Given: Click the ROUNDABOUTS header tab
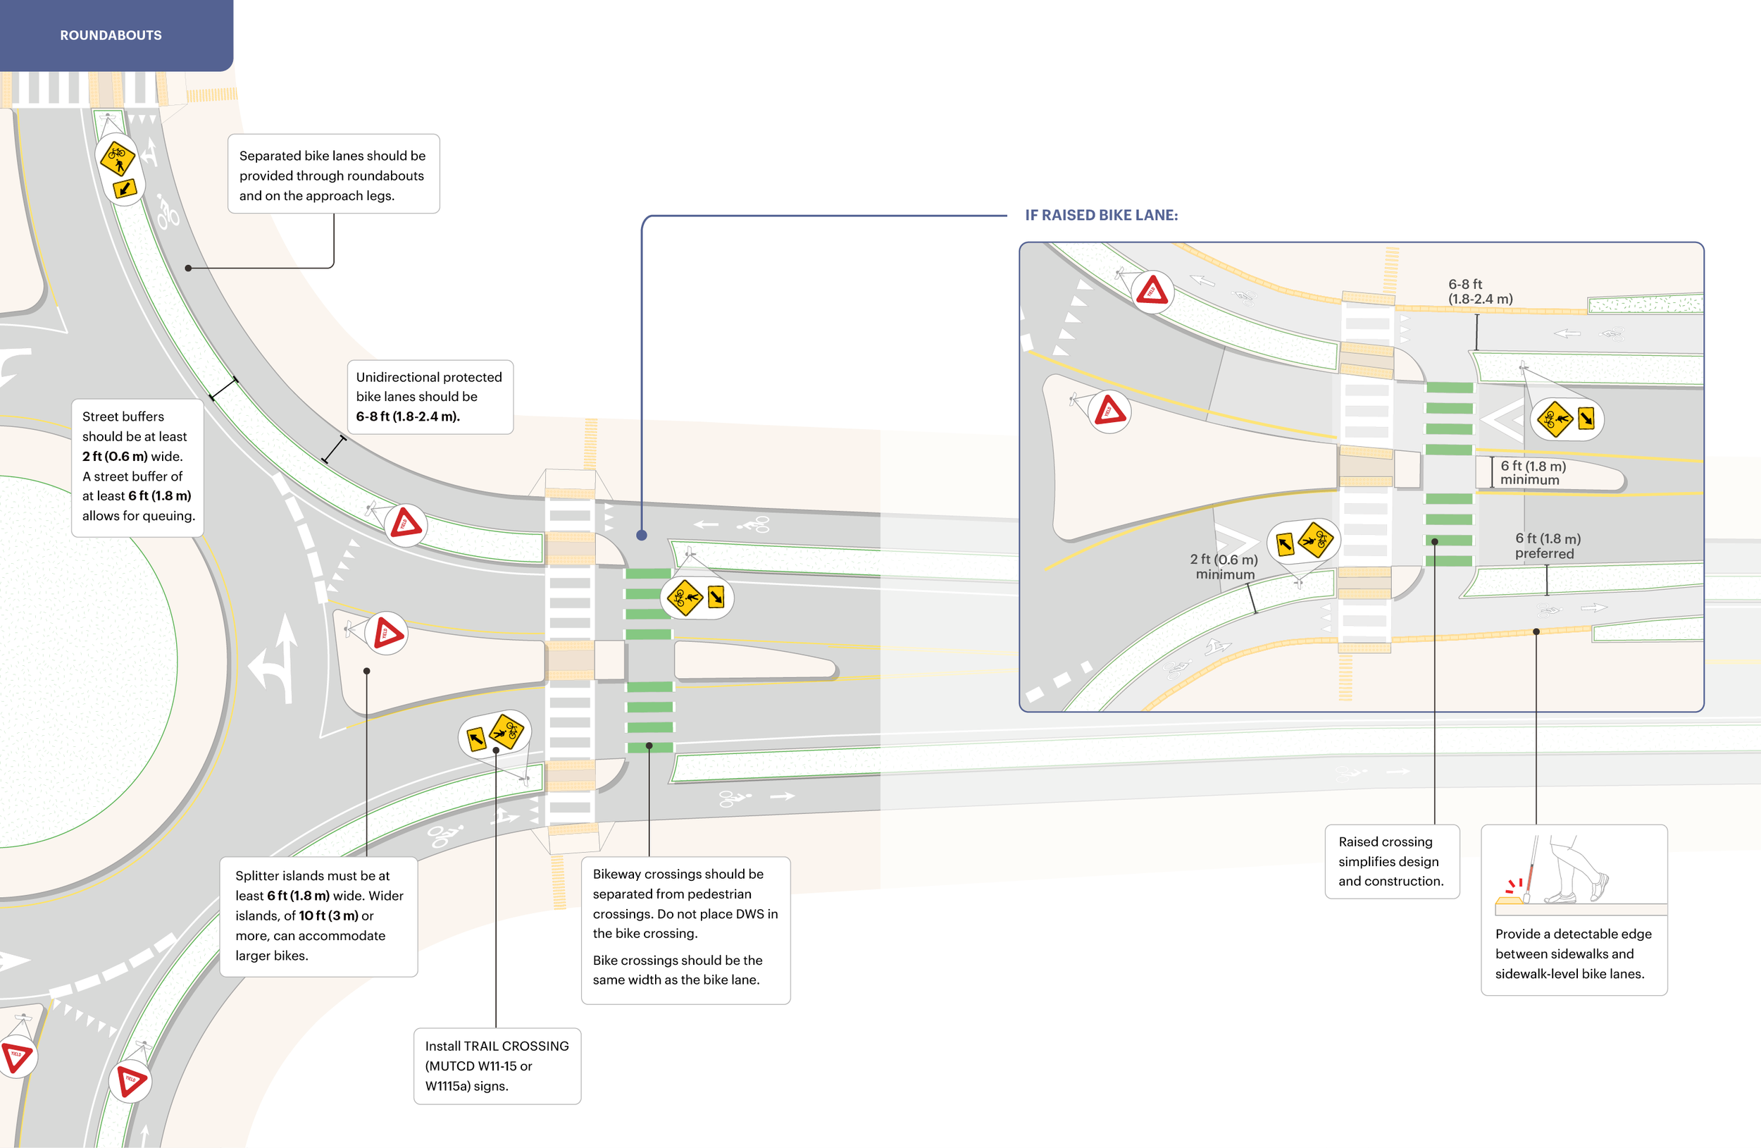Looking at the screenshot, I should click(x=111, y=35).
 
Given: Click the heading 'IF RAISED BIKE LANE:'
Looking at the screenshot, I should click(x=1101, y=216).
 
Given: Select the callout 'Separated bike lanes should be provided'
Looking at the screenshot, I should click(x=333, y=175).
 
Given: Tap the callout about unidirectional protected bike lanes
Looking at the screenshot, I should click(x=430, y=397).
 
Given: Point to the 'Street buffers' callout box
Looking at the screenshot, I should click(x=137, y=467).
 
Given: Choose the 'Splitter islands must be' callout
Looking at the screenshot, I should click(x=319, y=915).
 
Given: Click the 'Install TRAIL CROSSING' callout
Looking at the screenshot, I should click(x=497, y=1065).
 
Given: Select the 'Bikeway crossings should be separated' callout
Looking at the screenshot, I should click(x=685, y=929).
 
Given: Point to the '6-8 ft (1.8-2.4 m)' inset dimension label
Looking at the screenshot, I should click(x=1480, y=292).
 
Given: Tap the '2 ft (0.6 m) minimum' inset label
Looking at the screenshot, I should click(x=1224, y=567).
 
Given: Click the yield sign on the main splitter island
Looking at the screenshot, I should click(x=387, y=634).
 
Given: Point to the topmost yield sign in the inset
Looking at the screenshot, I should click(x=1152, y=291).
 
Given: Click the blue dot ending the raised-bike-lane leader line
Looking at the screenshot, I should click(x=642, y=535).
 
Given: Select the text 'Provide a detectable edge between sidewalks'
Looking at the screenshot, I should click(x=1573, y=953).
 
